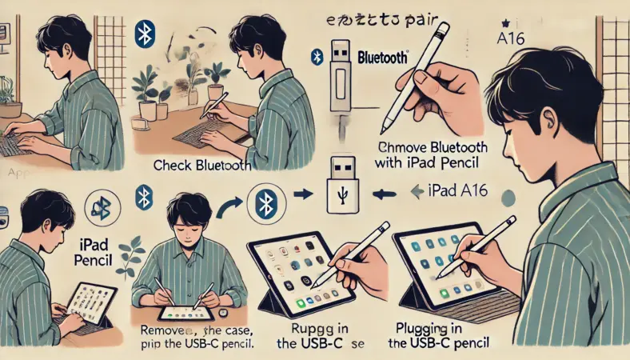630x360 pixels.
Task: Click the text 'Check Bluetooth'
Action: coord(201,166)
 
